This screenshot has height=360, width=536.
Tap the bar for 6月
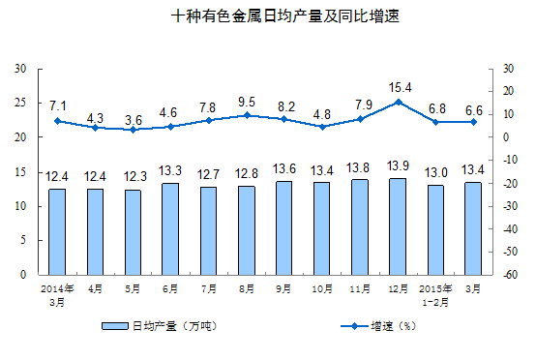pos(170,228)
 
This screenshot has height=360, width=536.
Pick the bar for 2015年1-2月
pos(434,229)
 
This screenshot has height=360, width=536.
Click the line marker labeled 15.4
pos(397,102)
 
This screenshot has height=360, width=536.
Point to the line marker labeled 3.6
pos(133,129)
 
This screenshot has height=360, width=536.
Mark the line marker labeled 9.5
pos(246,115)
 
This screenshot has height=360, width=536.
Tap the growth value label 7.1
pos(57,105)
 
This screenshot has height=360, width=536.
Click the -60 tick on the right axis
pos(508,275)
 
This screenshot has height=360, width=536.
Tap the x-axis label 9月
pos(283,288)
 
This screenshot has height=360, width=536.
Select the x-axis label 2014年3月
pos(57,294)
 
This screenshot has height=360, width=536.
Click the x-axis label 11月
pos(359,288)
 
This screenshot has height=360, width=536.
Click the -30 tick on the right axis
pos(508,206)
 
